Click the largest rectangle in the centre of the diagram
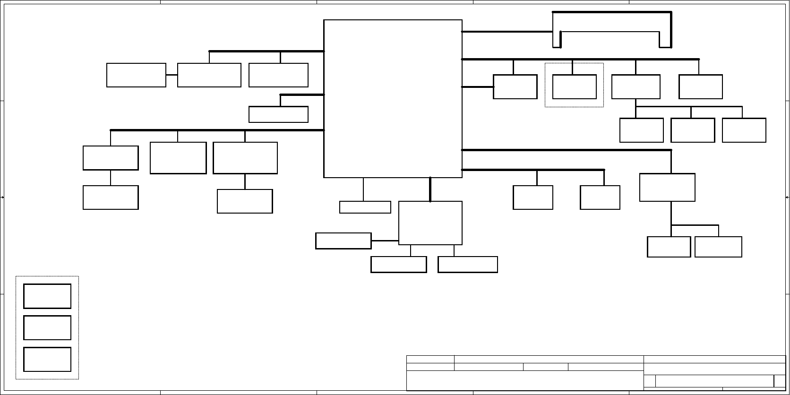coord(393,98)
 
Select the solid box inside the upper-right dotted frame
coord(574,87)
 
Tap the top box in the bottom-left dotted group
coord(47,296)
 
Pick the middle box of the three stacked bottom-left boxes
coord(47,327)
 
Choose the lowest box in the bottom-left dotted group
coord(47,359)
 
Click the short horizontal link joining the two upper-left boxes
coord(172,75)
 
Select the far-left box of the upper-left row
coord(136,75)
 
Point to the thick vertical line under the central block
coord(430,189)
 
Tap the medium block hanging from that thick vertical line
coord(430,223)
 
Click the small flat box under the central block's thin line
coord(365,207)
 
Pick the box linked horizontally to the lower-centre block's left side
coord(343,240)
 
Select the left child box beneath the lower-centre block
coord(398,265)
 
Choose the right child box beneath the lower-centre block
coord(467,265)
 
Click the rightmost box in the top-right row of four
coord(700,87)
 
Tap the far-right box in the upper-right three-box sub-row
coord(744,130)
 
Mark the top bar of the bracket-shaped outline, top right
coord(612,12)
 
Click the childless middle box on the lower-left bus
coord(178,158)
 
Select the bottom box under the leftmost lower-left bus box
coord(111,197)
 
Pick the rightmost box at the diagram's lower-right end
coord(718,247)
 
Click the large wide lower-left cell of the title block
coord(524,381)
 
